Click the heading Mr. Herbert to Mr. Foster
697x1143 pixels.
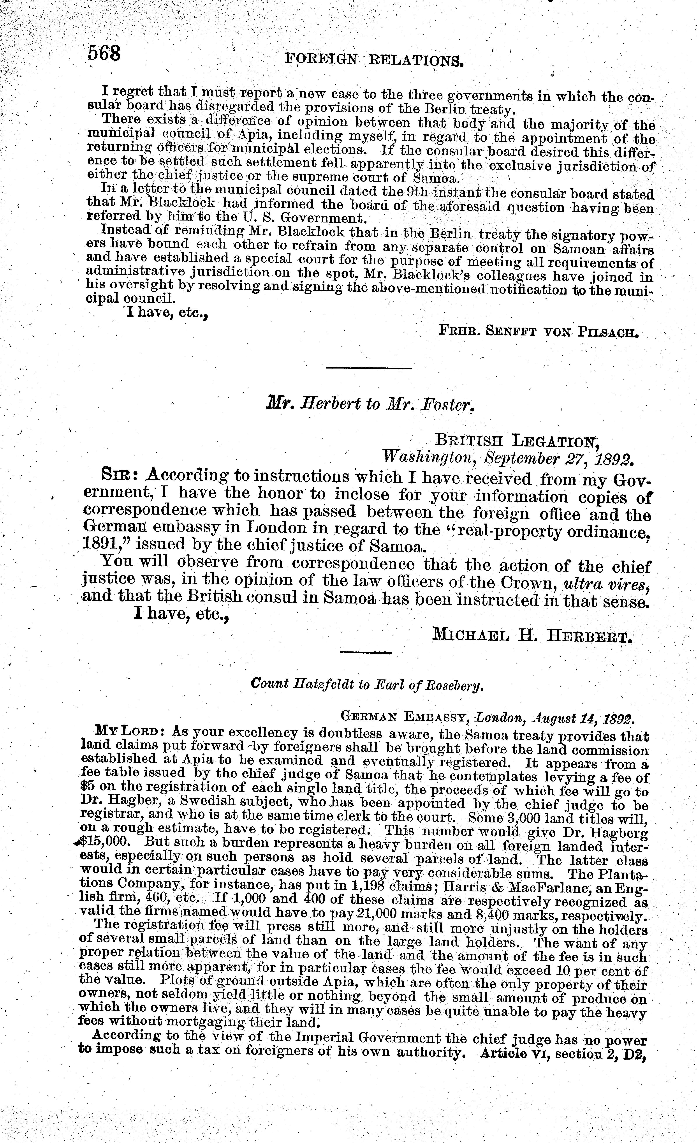tap(369, 404)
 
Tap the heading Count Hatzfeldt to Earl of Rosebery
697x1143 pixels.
tap(367, 684)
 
